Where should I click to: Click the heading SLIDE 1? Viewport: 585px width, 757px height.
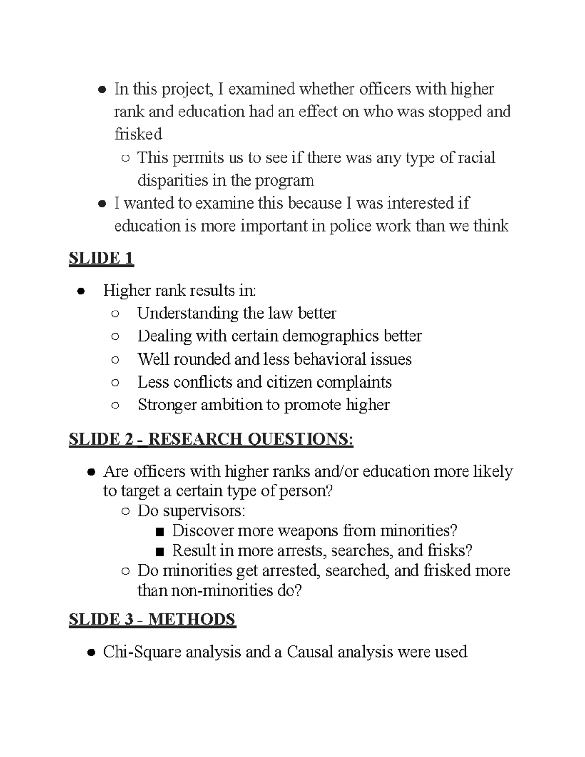(101, 258)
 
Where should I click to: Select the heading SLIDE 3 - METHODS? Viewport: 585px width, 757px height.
(152, 619)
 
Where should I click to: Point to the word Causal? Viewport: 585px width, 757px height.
(310, 652)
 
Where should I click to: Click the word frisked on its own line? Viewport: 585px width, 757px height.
(138, 134)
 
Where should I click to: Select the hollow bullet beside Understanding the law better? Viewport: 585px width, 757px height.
(115, 313)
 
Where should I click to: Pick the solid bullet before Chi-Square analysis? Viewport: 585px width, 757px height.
(91, 653)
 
